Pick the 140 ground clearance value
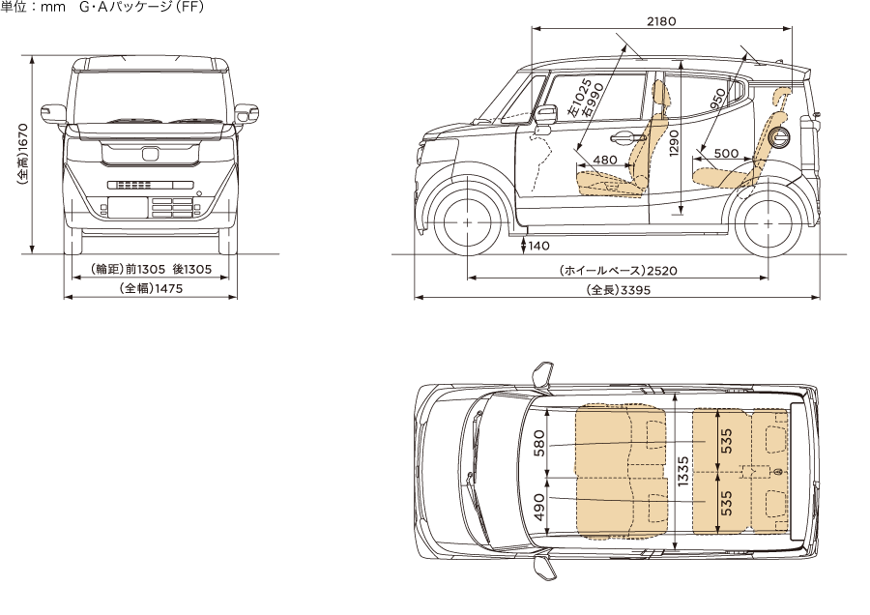click(x=538, y=246)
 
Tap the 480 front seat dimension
click(x=605, y=160)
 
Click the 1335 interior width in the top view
click(x=682, y=471)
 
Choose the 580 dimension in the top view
click(x=539, y=441)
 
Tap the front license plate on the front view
click(x=128, y=208)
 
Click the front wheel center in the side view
click(x=468, y=222)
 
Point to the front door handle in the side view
click(x=620, y=135)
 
